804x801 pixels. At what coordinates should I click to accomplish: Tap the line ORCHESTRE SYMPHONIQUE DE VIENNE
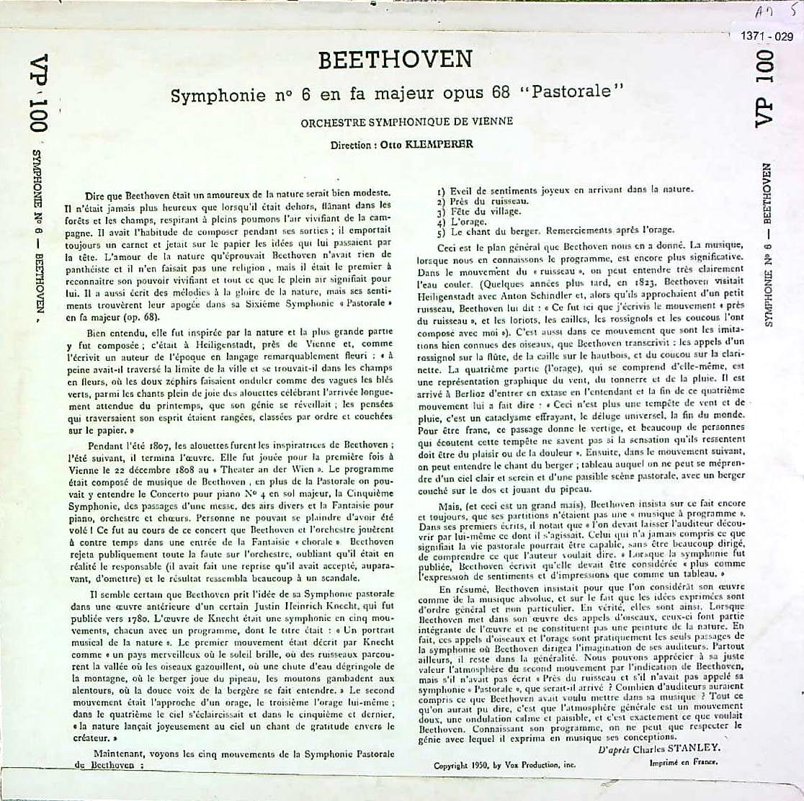407,122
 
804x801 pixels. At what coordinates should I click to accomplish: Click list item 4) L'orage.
470,223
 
